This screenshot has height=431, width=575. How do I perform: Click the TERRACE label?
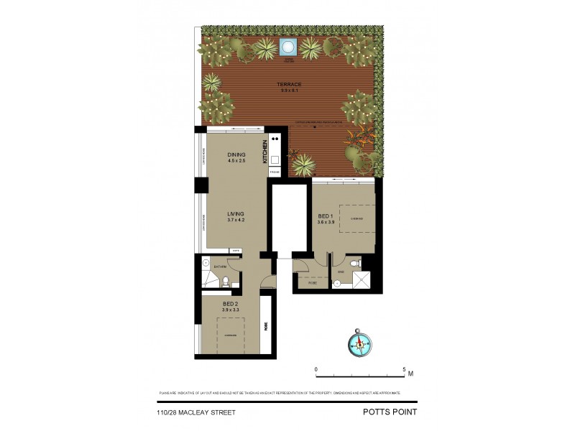289,85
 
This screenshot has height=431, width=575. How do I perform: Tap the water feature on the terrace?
289,48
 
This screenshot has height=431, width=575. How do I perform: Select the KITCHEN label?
265,152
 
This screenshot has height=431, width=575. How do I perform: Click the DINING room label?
236,154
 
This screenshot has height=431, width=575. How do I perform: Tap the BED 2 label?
230,305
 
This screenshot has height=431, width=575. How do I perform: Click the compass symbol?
357,342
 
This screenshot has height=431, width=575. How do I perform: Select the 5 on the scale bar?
404,369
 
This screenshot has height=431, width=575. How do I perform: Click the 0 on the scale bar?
316,369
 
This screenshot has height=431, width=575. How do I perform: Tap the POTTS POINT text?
388,412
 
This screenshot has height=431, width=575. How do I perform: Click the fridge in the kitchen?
274,173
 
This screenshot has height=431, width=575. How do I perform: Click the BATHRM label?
211,267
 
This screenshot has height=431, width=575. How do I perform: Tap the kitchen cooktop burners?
275,141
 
